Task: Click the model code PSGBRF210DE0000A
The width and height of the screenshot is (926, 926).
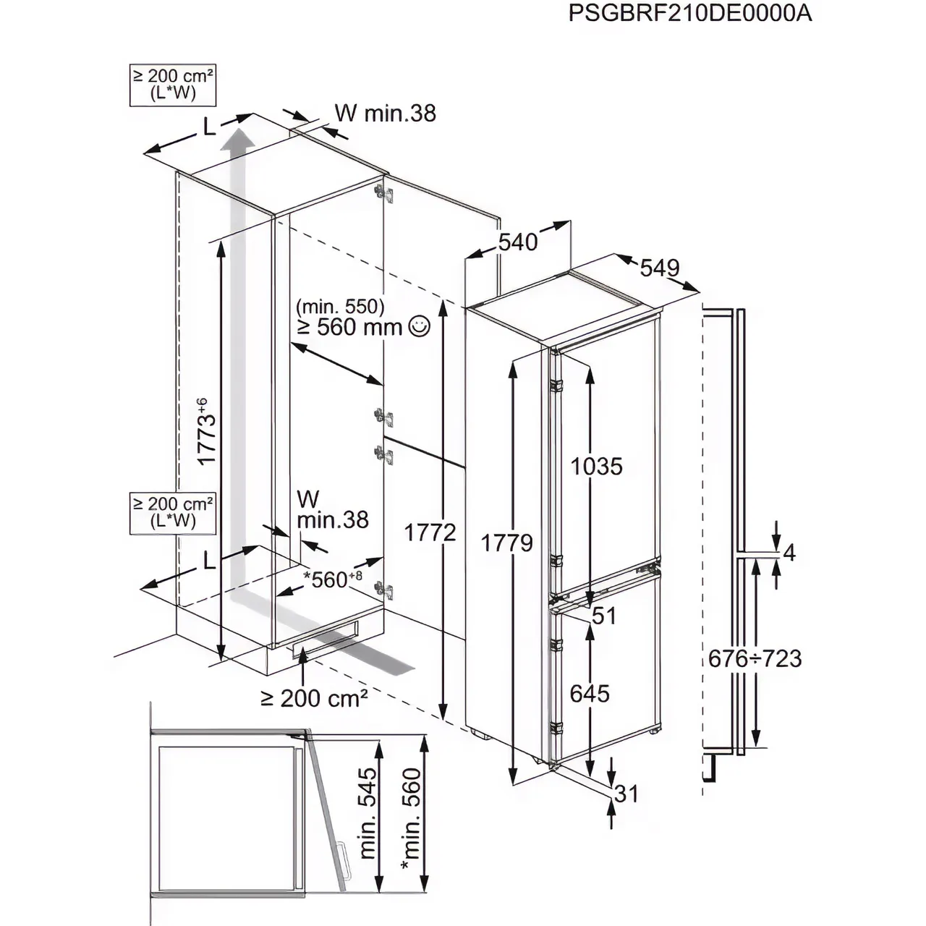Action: point(689,14)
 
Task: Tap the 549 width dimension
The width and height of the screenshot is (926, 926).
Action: point(660,268)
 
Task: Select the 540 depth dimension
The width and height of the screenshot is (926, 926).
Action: point(518,242)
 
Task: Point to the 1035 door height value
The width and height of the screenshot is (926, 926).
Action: point(596,466)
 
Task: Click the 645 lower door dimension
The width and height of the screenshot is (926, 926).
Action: point(590,693)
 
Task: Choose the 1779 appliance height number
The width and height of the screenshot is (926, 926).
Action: point(507,542)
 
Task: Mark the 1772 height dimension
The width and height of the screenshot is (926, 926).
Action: point(430,532)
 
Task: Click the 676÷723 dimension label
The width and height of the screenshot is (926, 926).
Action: point(755,658)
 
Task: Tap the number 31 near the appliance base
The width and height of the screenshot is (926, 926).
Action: point(626,794)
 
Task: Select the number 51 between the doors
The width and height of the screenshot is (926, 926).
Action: point(604,616)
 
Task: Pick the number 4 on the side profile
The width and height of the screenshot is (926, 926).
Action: point(789,553)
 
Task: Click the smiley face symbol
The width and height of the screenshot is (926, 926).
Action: point(419,327)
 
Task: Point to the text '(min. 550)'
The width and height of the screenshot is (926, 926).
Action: point(340,306)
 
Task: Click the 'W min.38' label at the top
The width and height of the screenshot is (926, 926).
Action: point(385,113)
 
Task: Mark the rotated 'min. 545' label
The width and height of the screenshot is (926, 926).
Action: point(368,814)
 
